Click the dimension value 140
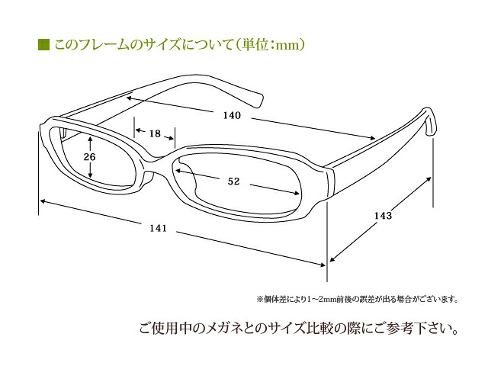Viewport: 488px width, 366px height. point(232,115)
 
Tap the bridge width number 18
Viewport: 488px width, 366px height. point(155,133)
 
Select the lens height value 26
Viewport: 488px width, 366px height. point(89,156)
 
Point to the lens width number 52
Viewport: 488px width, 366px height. point(233,181)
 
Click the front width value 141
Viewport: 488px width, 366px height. point(158,228)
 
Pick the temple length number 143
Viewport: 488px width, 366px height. point(383,215)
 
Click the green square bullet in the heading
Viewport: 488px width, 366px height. point(44,45)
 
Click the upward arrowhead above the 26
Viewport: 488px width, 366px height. point(90,139)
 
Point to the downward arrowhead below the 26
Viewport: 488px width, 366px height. point(90,175)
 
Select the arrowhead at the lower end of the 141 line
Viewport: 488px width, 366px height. point(323,265)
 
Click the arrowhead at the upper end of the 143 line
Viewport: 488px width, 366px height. point(429,179)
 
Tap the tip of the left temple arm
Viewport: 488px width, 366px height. point(259,101)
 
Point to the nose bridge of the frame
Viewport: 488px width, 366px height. point(159,159)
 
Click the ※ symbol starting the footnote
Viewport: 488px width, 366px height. point(260,300)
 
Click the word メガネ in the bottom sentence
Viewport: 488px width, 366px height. point(226,329)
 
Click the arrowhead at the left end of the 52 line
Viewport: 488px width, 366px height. point(179,171)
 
